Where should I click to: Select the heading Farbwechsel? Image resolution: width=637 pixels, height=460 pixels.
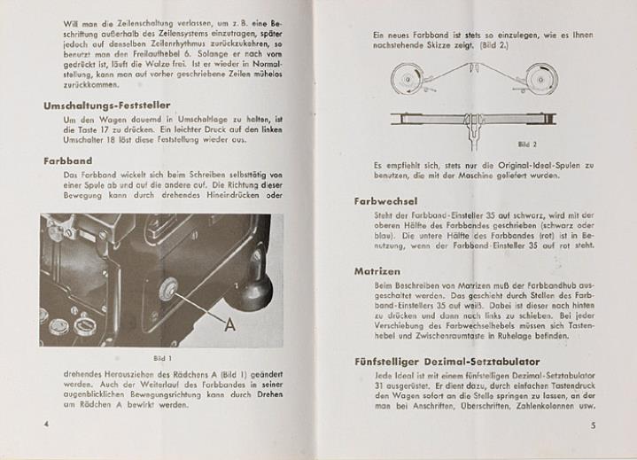pos(385,201)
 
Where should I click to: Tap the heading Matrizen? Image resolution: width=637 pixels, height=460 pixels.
pos(377,271)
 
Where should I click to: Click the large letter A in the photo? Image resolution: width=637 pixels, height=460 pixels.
pos(229,324)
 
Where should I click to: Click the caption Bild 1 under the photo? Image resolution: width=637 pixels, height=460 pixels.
pos(160,358)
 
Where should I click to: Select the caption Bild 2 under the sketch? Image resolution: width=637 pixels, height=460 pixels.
pos(528,143)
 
